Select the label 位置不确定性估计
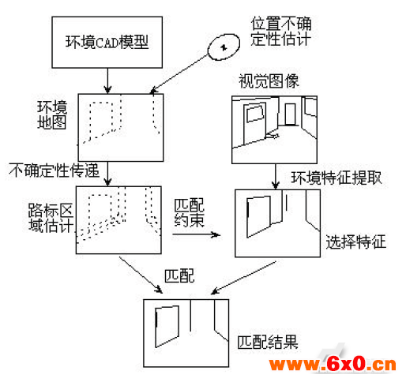click(x=281, y=32)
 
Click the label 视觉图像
click(x=269, y=81)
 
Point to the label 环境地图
click(x=52, y=115)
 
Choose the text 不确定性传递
click(x=54, y=170)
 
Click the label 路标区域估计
click(x=51, y=218)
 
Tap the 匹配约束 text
click(x=189, y=213)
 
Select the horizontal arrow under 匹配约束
click(x=197, y=234)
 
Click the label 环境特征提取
click(x=336, y=178)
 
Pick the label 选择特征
click(x=355, y=242)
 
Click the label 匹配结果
click(x=268, y=342)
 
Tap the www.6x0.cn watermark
click(x=333, y=365)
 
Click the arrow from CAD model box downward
click(x=107, y=81)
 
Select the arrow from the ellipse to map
click(x=179, y=74)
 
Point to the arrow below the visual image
click(x=276, y=176)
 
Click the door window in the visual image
click(x=254, y=114)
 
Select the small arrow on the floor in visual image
click(x=273, y=136)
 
